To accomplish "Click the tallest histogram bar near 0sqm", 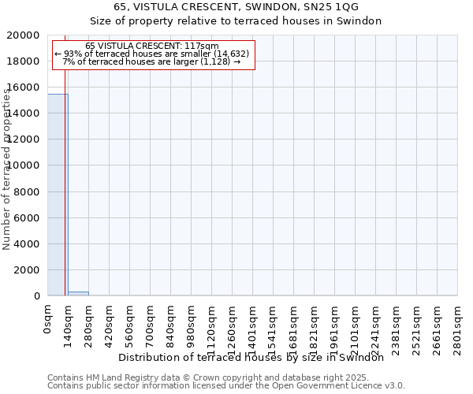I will [57, 195].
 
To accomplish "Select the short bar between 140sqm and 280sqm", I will [78, 293].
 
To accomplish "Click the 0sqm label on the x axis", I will [48, 320].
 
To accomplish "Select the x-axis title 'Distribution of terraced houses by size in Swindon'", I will [256, 357].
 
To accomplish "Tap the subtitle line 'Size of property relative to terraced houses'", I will [236, 21].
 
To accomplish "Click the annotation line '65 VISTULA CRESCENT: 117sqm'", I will [152, 46].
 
